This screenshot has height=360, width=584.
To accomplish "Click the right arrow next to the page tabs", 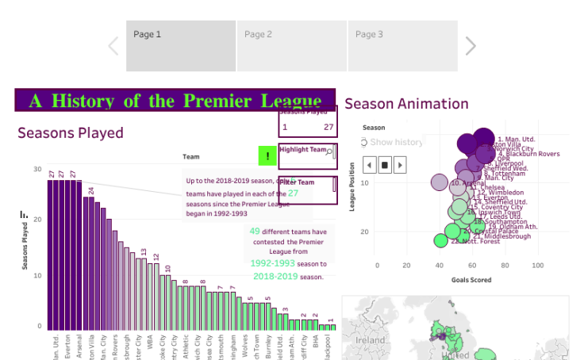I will [x=471, y=46].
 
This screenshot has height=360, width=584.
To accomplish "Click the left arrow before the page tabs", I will [x=113, y=46].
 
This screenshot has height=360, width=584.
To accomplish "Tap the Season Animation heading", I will [x=406, y=104].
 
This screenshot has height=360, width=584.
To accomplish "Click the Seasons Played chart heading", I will [x=71, y=133].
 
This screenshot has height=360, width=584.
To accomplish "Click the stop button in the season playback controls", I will [x=385, y=165].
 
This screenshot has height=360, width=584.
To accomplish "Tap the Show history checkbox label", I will [x=396, y=142].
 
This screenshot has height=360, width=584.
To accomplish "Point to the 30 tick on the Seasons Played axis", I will [x=37, y=169].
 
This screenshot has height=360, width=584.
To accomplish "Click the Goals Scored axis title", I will [x=471, y=280].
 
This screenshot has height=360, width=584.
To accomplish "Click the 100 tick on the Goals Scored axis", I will [x=538, y=266].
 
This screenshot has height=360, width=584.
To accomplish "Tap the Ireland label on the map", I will [x=372, y=339].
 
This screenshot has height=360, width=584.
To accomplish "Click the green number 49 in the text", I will [x=255, y=232].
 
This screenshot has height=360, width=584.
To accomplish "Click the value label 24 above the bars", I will [x=91, y=190].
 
